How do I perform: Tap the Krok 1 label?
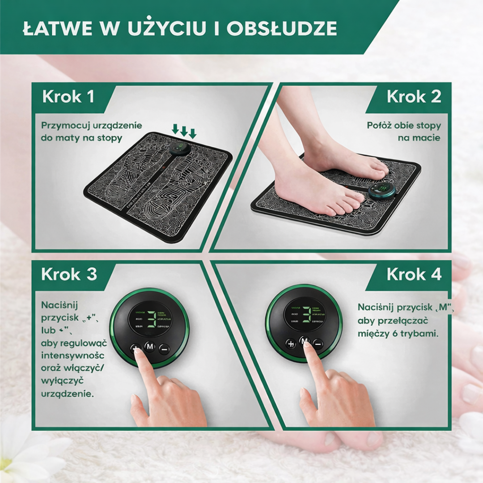click(x=68, y=97)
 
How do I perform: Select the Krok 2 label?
click(x=414, y=97)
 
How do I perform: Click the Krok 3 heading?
click(x=69, y=274)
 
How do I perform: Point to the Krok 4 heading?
click(x=414, y=274)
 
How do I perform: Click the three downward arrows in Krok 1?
click(x=184, y=131)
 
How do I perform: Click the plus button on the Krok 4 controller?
click(x=291, y=343)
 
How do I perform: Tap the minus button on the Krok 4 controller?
click(x=318, y=343)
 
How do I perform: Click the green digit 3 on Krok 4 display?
click(x=306, y=315)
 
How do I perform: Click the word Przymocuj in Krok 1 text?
click(x=66, y=126)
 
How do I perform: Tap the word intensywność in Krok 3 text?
click(x=73, y=356)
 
